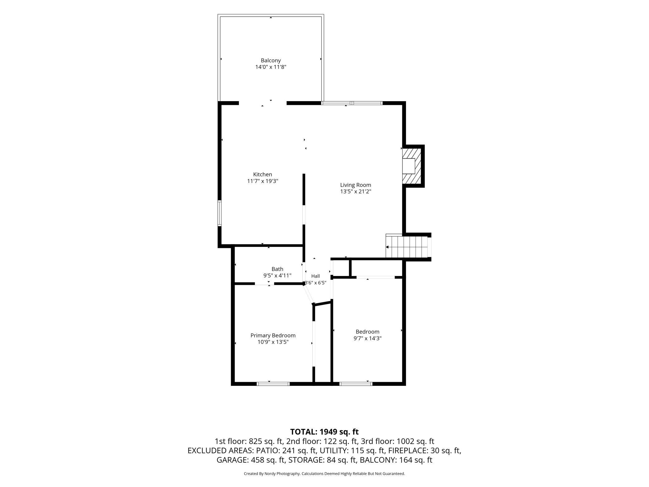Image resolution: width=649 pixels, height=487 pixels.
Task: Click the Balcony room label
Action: pyautogui.click(x=271, y=61)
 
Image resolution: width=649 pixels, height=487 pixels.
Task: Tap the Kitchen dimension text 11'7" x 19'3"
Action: pyautogui.click(x=263, y=181)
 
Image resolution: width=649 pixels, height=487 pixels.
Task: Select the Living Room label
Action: pyautogui.click(x=356, y=185)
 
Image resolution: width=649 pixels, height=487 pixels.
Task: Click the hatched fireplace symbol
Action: pyautogui.click(x=411, y=166)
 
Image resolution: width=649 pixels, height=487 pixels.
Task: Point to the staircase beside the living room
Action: pyautogui.click(x=407, y=246)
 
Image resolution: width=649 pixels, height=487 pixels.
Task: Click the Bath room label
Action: pyautogui.click(x=277, y=269)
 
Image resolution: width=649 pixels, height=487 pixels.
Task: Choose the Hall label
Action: pyautogui.click(x=315, y=276)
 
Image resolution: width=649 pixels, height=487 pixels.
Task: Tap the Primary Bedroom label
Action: pyautogui.click(x=273, y=336)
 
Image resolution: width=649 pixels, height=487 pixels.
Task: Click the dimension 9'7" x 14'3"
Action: pyautogui.click(x=368, y=338)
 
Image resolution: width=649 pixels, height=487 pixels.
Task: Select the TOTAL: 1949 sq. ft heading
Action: pyautogui.click(x=324, y=432)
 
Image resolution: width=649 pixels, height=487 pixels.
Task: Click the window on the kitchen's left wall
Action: pyautogui.click(x=220, y=213)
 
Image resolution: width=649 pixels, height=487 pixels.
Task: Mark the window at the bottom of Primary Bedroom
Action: pyautogui.click(x=273, y=384)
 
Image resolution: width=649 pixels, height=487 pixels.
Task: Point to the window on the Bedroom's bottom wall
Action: pyautogui.click(x=356, y=384)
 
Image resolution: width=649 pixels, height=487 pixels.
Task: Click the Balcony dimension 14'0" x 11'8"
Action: pyautogui.click(x=271, y=67)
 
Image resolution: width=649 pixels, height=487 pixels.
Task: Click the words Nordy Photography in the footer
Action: pyautogui.click(x=282, y=474)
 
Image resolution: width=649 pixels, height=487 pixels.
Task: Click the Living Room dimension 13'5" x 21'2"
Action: pyautogui.click(x=356, y=192)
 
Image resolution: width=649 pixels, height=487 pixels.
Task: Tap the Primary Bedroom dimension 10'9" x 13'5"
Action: pyautogui.click(x=273, y=342)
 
